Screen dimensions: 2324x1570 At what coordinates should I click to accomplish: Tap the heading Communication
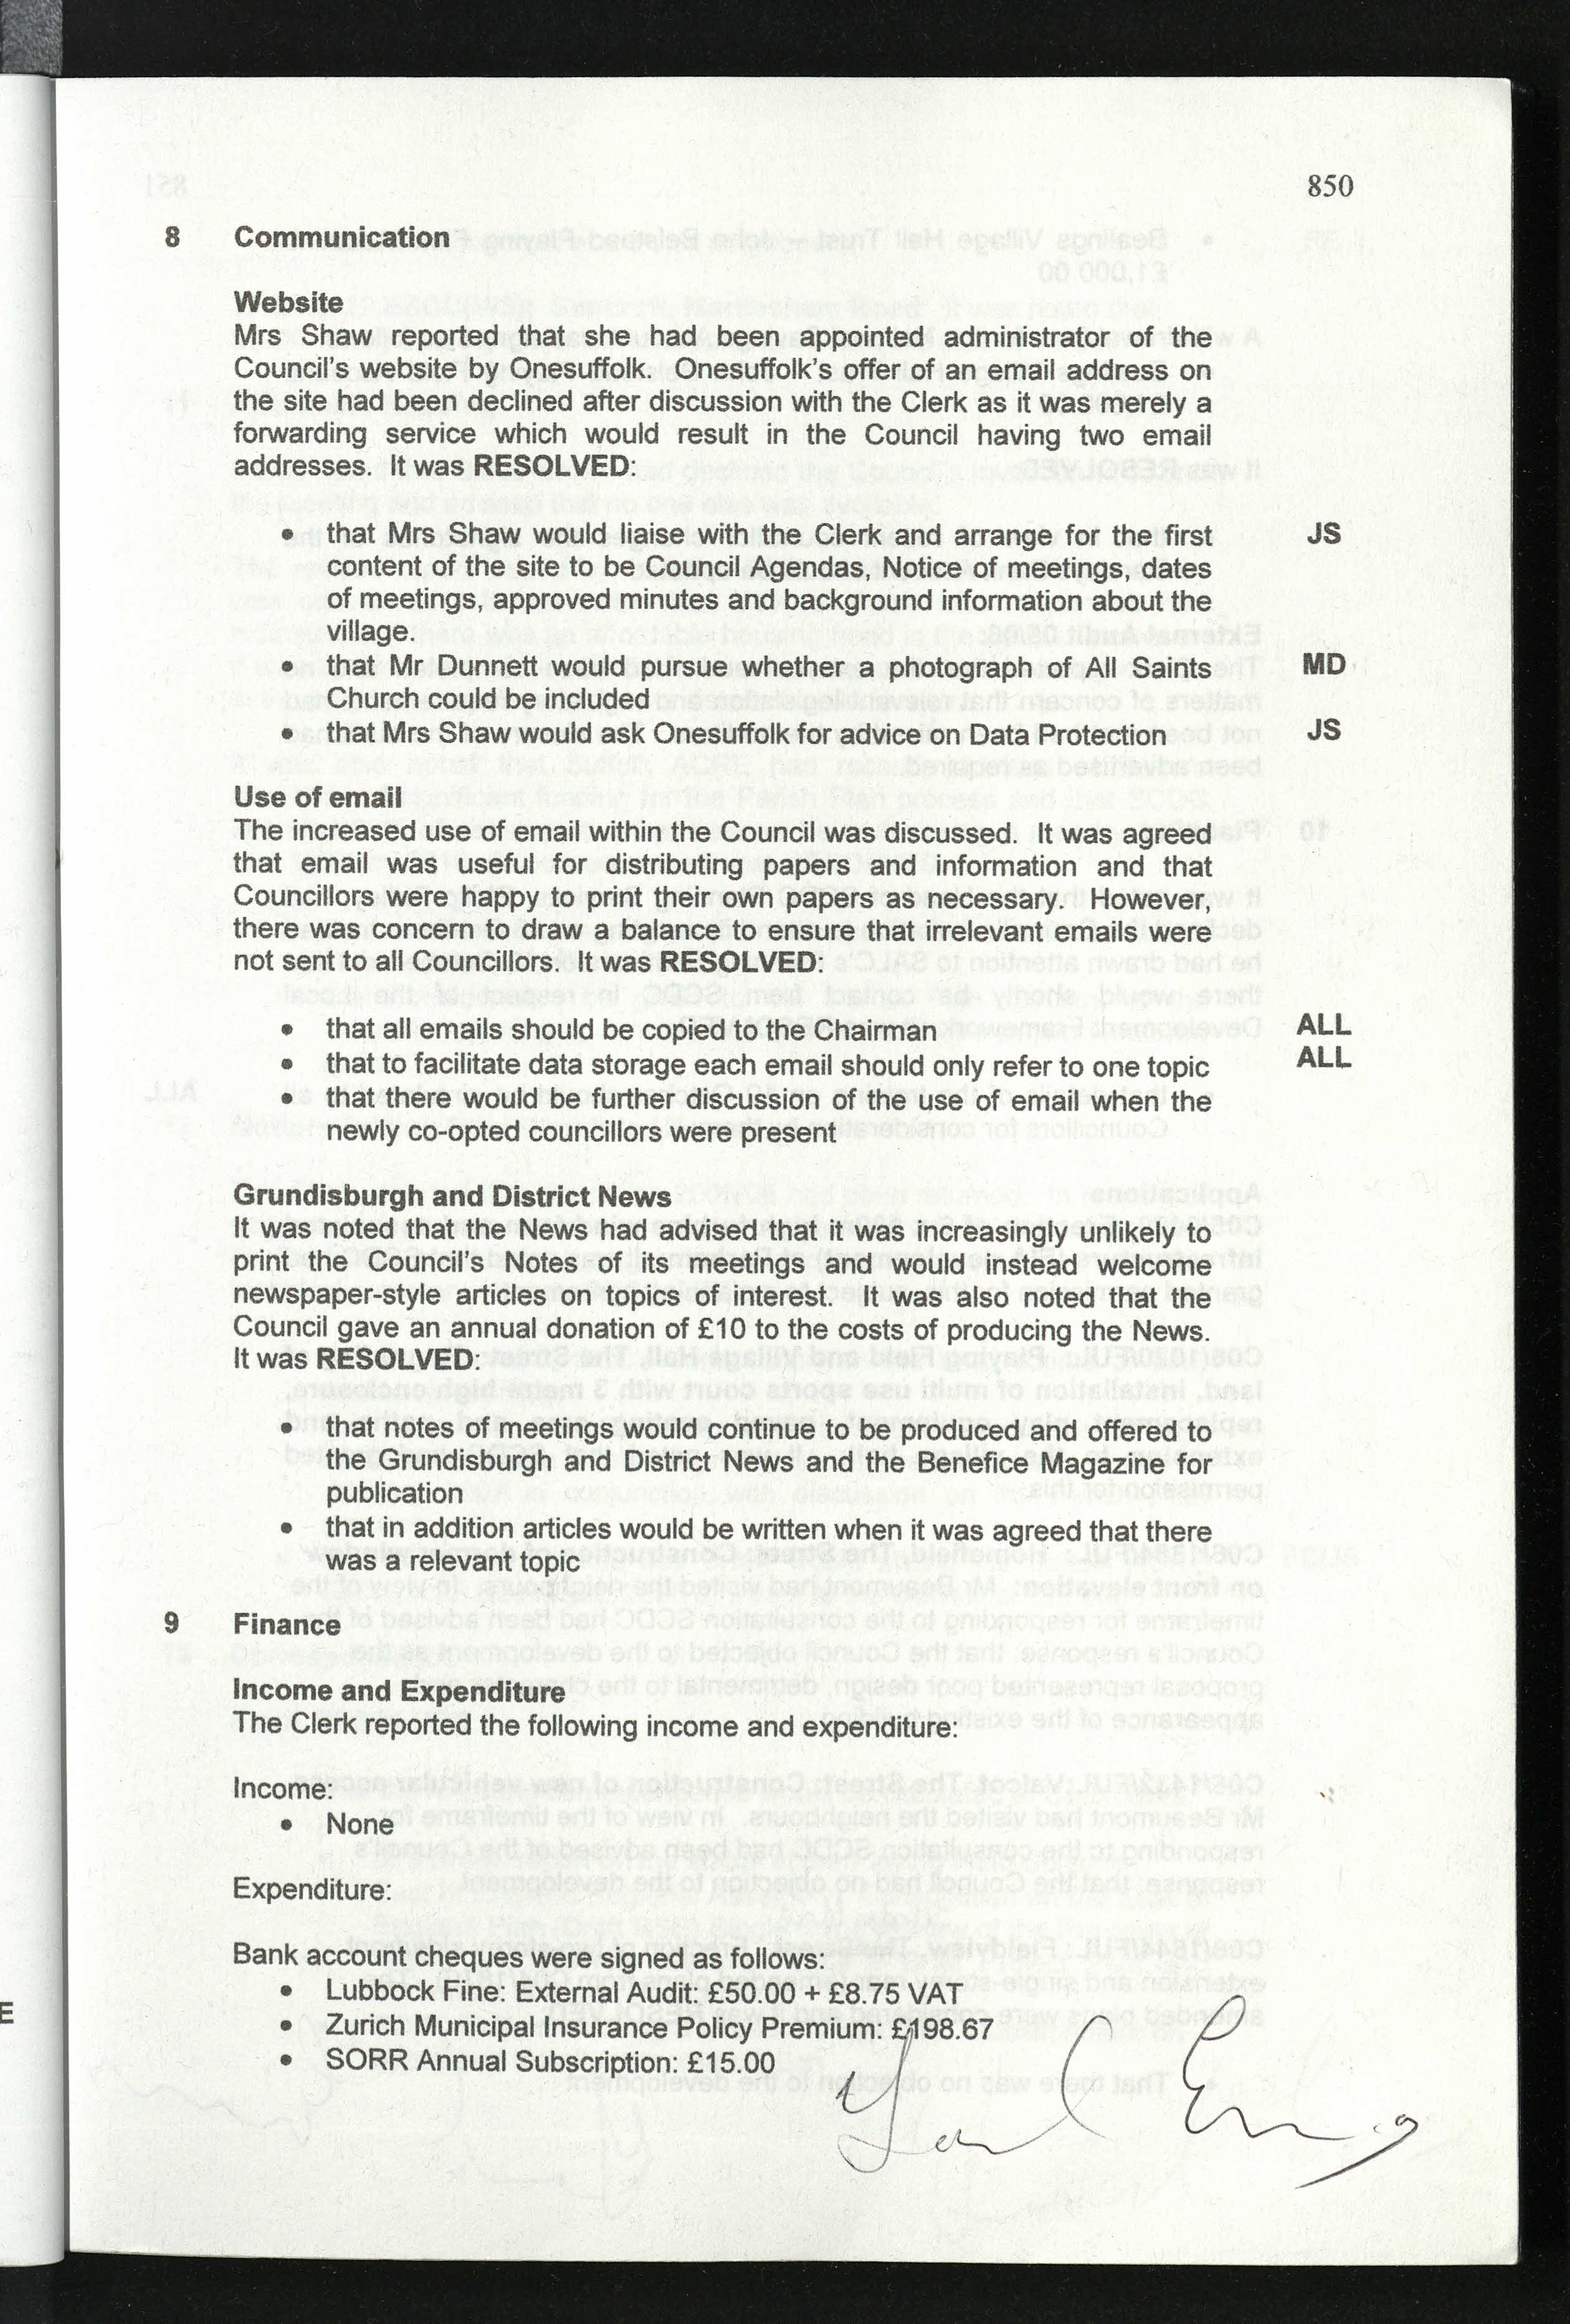[x=341, y=238]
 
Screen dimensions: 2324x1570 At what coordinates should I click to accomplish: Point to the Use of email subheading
[x=317, y=797]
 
